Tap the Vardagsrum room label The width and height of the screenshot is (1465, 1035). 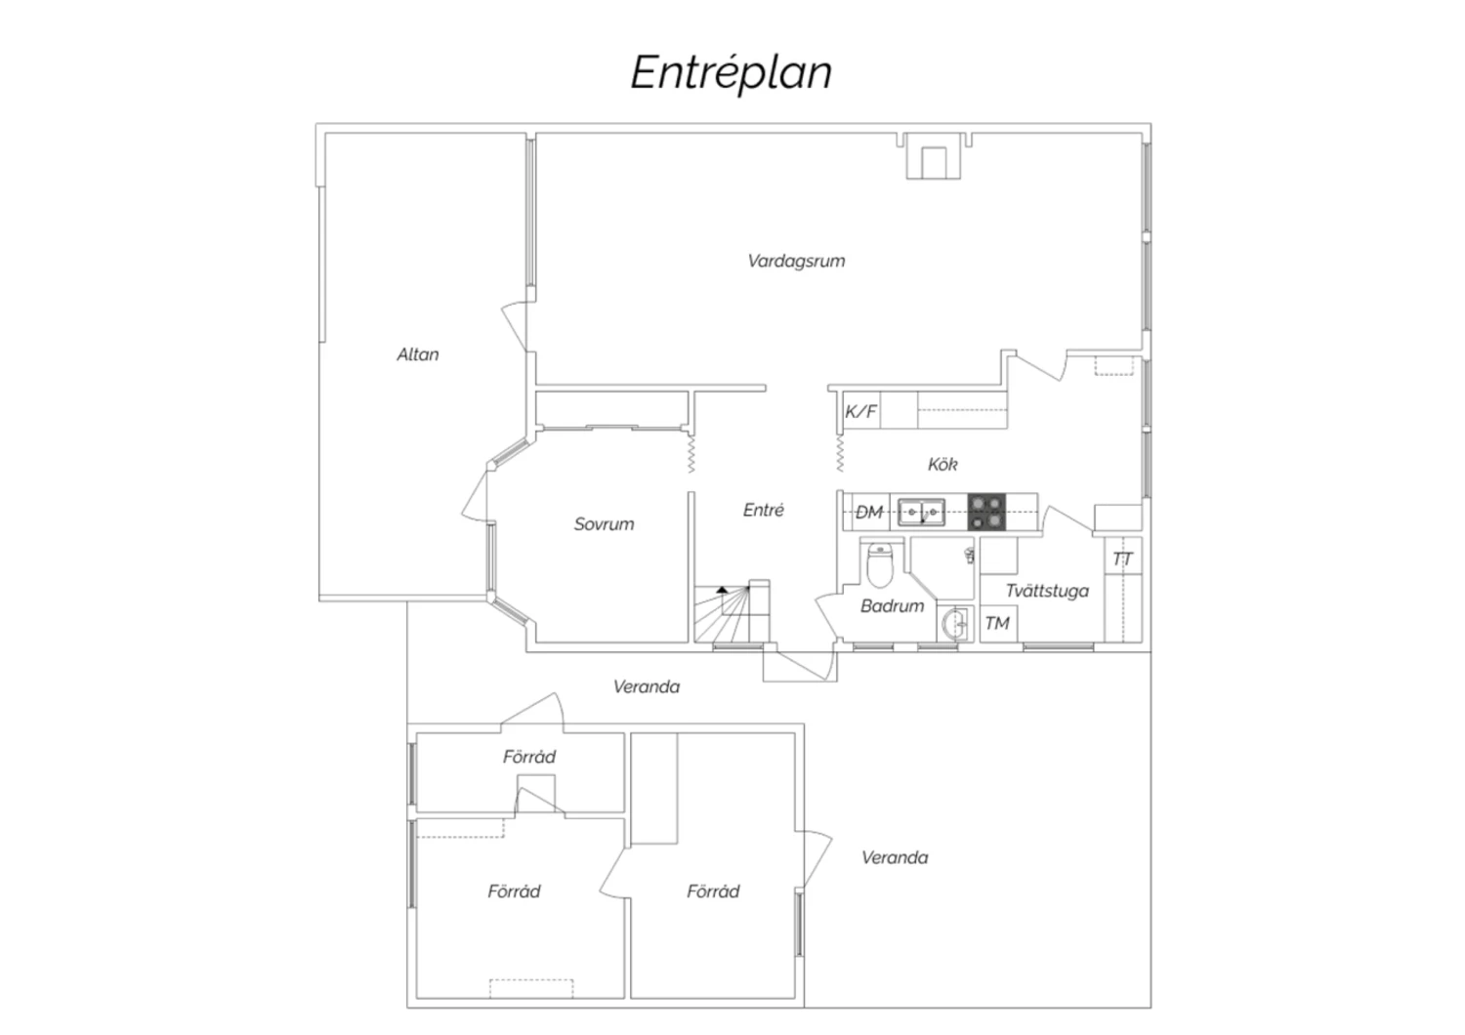point(796,261)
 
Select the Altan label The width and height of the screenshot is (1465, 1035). point(417,354)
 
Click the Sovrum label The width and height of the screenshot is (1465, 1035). point(604,523)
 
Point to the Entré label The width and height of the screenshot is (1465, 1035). point(763,510)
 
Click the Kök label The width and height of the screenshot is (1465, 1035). point(942,464)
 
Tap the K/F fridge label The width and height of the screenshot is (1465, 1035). point(860,411)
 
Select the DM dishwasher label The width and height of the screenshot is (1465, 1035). point(869,512)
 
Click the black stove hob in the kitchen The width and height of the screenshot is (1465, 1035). point(986,512)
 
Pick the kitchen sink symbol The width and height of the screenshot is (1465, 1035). point(922,512)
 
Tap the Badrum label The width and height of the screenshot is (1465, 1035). point(892,606)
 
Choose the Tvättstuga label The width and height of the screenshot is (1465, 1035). point(1047,591)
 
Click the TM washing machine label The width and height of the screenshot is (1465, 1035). point(997,623)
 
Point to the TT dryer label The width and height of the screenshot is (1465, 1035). point(1122,559)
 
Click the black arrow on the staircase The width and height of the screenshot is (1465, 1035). point(722,590)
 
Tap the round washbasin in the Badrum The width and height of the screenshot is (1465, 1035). point(955,624)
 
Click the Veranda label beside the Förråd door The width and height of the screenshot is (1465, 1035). point(894,857)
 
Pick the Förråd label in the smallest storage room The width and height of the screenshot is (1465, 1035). point(529,757)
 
